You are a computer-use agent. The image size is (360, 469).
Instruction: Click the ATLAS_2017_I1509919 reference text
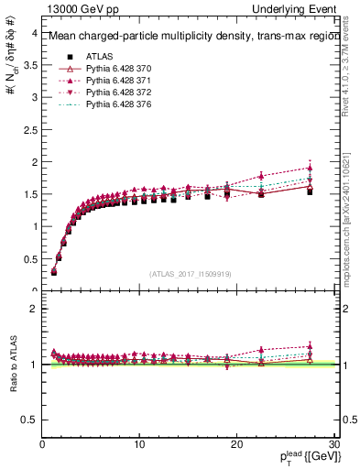tap(189, 273)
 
